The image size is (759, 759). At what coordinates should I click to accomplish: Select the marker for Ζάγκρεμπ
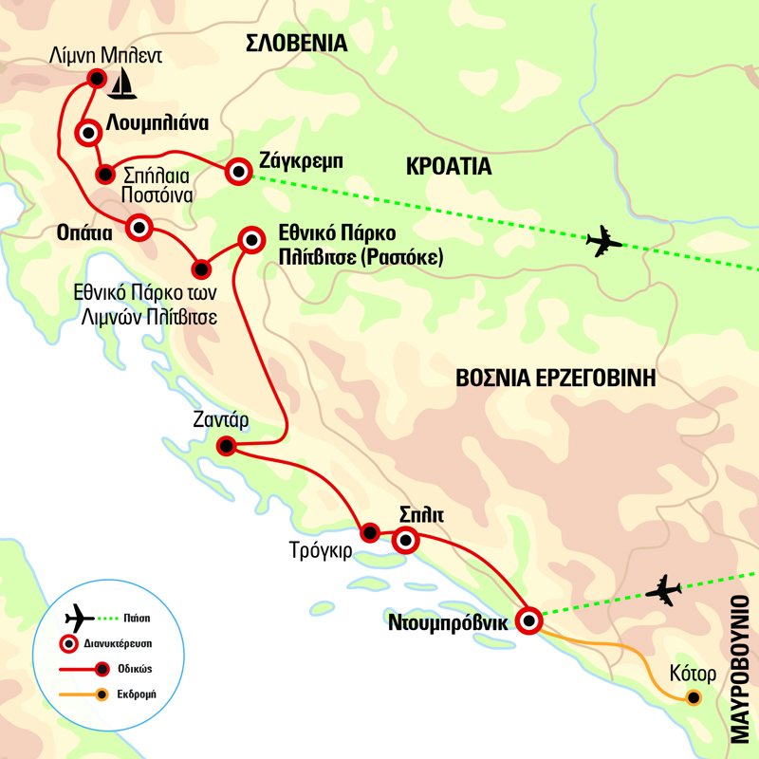click(237, 172)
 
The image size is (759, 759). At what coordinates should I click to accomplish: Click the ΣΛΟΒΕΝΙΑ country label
click(296, 43)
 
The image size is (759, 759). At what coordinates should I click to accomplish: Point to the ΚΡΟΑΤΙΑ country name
click(447, 167)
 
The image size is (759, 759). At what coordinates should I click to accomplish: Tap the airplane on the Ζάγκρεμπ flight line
click(604, 242)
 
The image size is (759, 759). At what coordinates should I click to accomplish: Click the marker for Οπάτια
click(139, 227)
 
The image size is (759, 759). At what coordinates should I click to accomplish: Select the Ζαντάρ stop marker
click(226, 446)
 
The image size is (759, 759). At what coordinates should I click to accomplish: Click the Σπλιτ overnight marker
click(405, 542)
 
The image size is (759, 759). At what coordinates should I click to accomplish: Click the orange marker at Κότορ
click(694, 698)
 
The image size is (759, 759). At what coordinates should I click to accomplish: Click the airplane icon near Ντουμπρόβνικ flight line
click(663, 590)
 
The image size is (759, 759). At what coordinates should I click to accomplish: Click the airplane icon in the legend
click(83, 618)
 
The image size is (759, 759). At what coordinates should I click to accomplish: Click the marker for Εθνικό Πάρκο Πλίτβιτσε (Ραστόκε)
click(251, 240)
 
